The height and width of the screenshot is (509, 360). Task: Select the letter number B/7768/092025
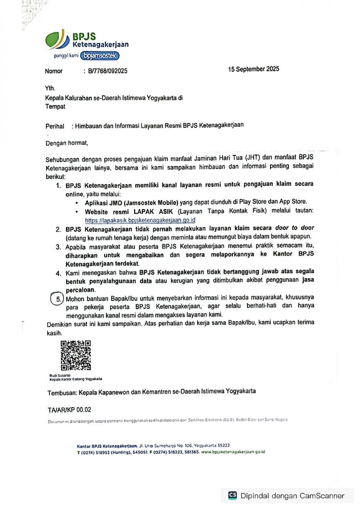pyautogui.click(x=108, y=71)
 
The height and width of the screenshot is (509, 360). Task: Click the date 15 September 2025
pyautogui.click(x=254, y=69)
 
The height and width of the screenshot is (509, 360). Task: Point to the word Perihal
pyautogui.click(x=55, y=126)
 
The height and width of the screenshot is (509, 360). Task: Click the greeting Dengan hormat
pyautogui.click(x=67, y=143)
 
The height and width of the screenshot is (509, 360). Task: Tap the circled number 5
pyautogui.click(x=59, y=299)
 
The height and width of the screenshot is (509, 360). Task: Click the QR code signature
pyautogui.click(x=76, y=355)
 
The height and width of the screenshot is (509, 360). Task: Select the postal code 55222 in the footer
pyautogui.click(x=222, y=446)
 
